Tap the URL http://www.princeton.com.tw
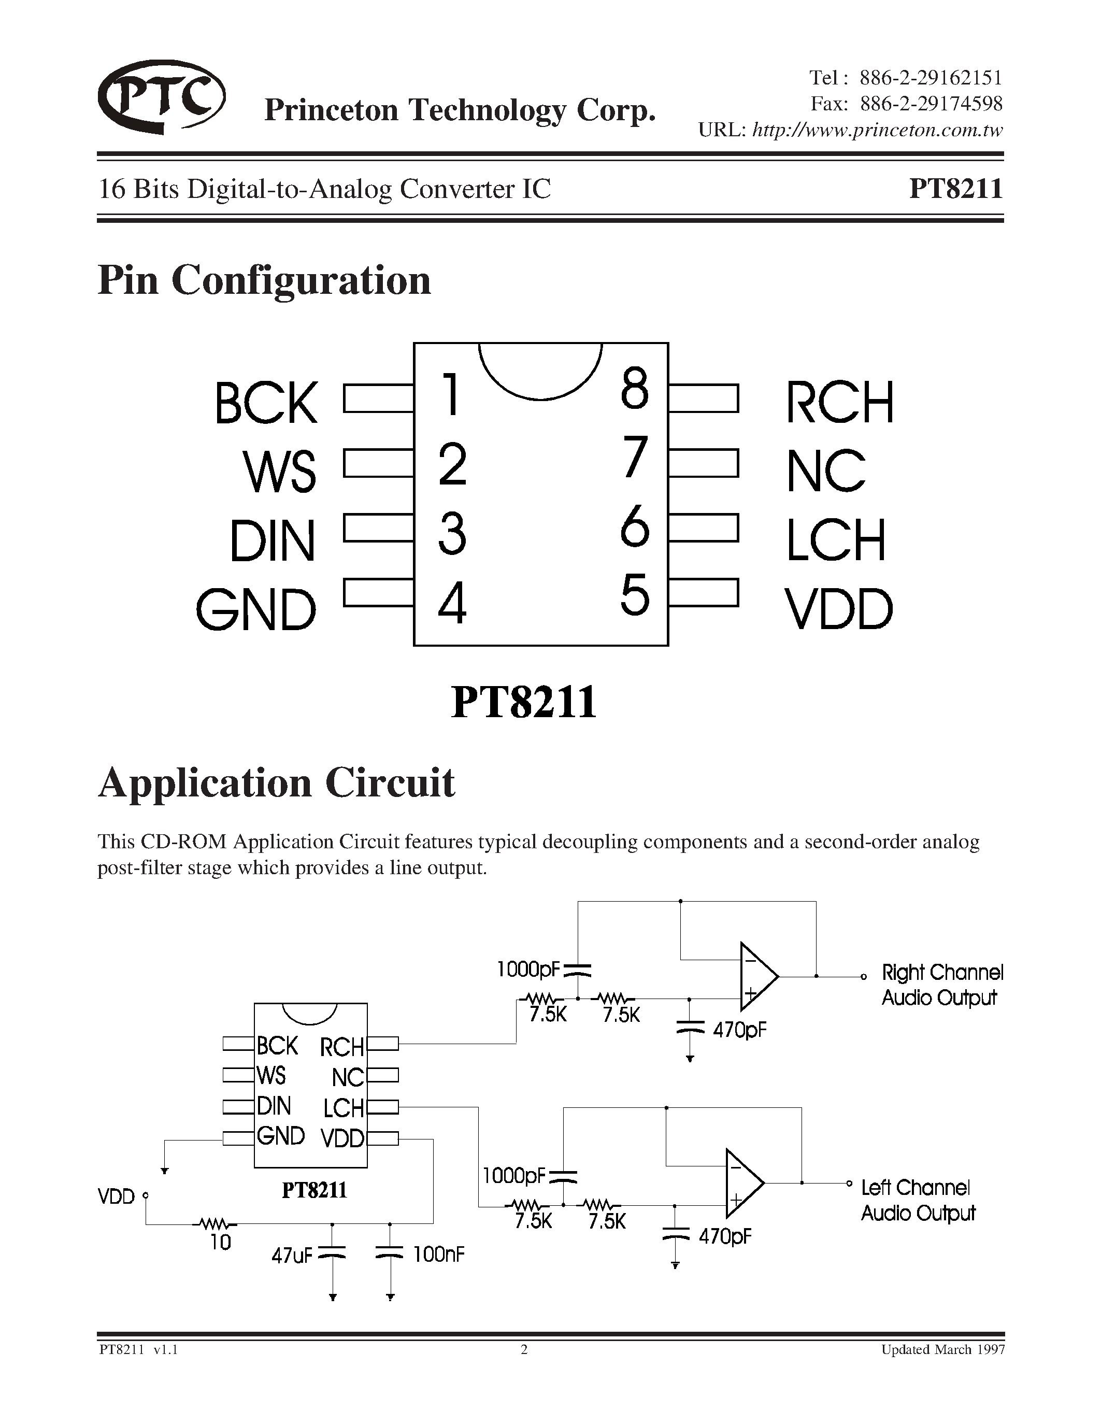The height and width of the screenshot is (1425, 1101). click(877, 131)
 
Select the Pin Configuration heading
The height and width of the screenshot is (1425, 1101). click(264, 280)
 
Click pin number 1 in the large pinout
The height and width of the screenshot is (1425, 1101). click(451, 394)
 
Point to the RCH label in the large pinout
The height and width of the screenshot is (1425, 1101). click(839, 402)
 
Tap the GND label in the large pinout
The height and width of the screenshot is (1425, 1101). click(256, 609)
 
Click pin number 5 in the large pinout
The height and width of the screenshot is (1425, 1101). click(635, 594)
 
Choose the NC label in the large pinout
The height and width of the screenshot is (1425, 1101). click(826, 471)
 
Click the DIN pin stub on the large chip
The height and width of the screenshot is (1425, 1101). click(378, 529)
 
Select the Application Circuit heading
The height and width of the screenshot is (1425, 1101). click(276, 782)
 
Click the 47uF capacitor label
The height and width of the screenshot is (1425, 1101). click(292, 1254)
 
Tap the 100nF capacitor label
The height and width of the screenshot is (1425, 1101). click(438, 1253)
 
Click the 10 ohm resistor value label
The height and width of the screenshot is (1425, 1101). click(221, 1242)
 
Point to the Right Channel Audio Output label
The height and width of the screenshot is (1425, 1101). click(942, 985)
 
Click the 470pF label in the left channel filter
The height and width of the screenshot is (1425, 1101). click(725, 1236)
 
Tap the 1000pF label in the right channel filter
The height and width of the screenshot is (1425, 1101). click(527, 970)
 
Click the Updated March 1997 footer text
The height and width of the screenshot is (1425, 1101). click(942, 1349)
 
